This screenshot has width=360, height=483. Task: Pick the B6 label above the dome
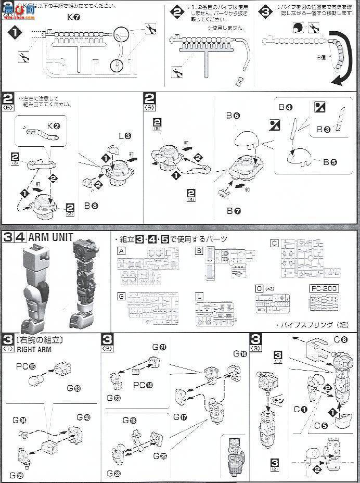coord(233,116)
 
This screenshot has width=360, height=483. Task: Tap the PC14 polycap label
coord(140,385)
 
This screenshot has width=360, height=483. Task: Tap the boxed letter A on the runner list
coord(121,250)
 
